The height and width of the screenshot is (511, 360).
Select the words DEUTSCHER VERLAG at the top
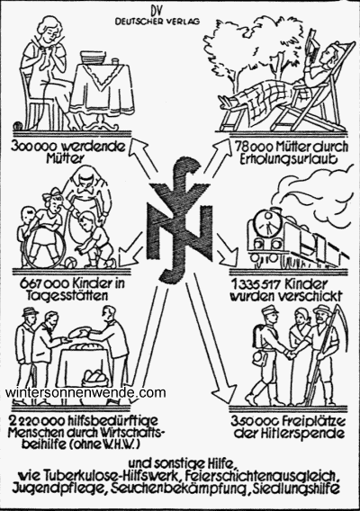coord(157,22)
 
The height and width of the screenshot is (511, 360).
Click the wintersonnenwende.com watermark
coord(85,393)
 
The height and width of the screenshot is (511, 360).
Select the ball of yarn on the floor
coord(18,126)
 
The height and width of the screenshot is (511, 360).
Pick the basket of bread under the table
coord(92,379)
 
